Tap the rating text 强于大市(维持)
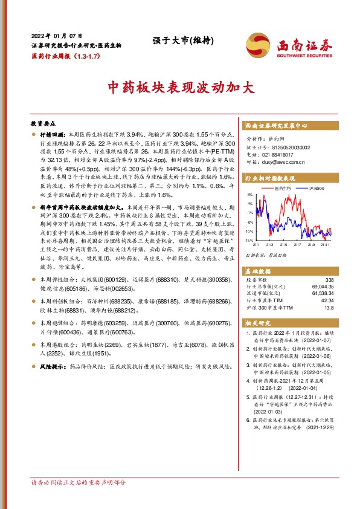point(179,41)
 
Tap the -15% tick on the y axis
point(249,241)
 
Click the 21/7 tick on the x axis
point(297,245)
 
